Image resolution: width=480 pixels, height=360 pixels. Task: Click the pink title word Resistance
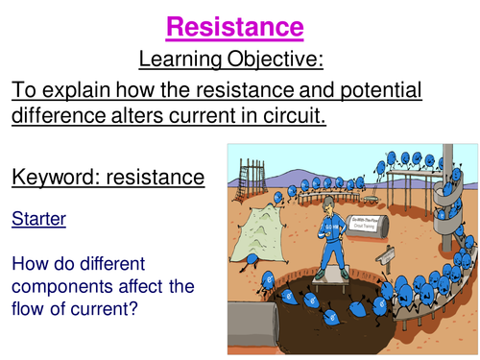(236, 27)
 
